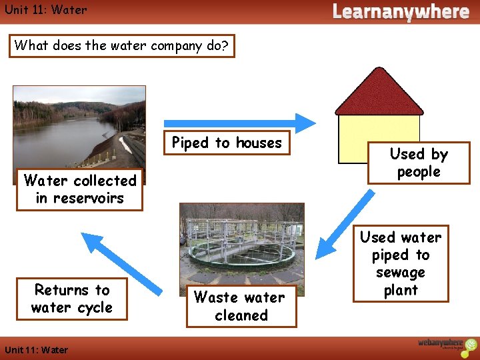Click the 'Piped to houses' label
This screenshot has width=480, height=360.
coord(227,143)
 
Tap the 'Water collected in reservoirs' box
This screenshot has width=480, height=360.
coord(80,189)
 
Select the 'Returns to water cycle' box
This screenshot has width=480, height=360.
coord(72,299)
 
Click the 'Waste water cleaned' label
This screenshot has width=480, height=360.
coord(241,307)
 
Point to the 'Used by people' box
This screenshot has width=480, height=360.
coord(419,163)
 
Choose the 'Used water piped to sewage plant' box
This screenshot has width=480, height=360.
coord(401,264)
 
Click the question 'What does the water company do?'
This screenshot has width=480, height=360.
coord(122,46)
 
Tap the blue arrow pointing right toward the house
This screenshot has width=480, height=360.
coord(240,123)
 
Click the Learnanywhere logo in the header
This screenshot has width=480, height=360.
coord(401,12)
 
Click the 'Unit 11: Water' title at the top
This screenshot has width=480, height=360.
coord(45,10)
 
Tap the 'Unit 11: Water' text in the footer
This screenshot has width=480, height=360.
coord(36,350)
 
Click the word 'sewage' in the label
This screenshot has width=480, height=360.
coord(401,273)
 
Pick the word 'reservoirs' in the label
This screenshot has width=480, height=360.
coord(80,198)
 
